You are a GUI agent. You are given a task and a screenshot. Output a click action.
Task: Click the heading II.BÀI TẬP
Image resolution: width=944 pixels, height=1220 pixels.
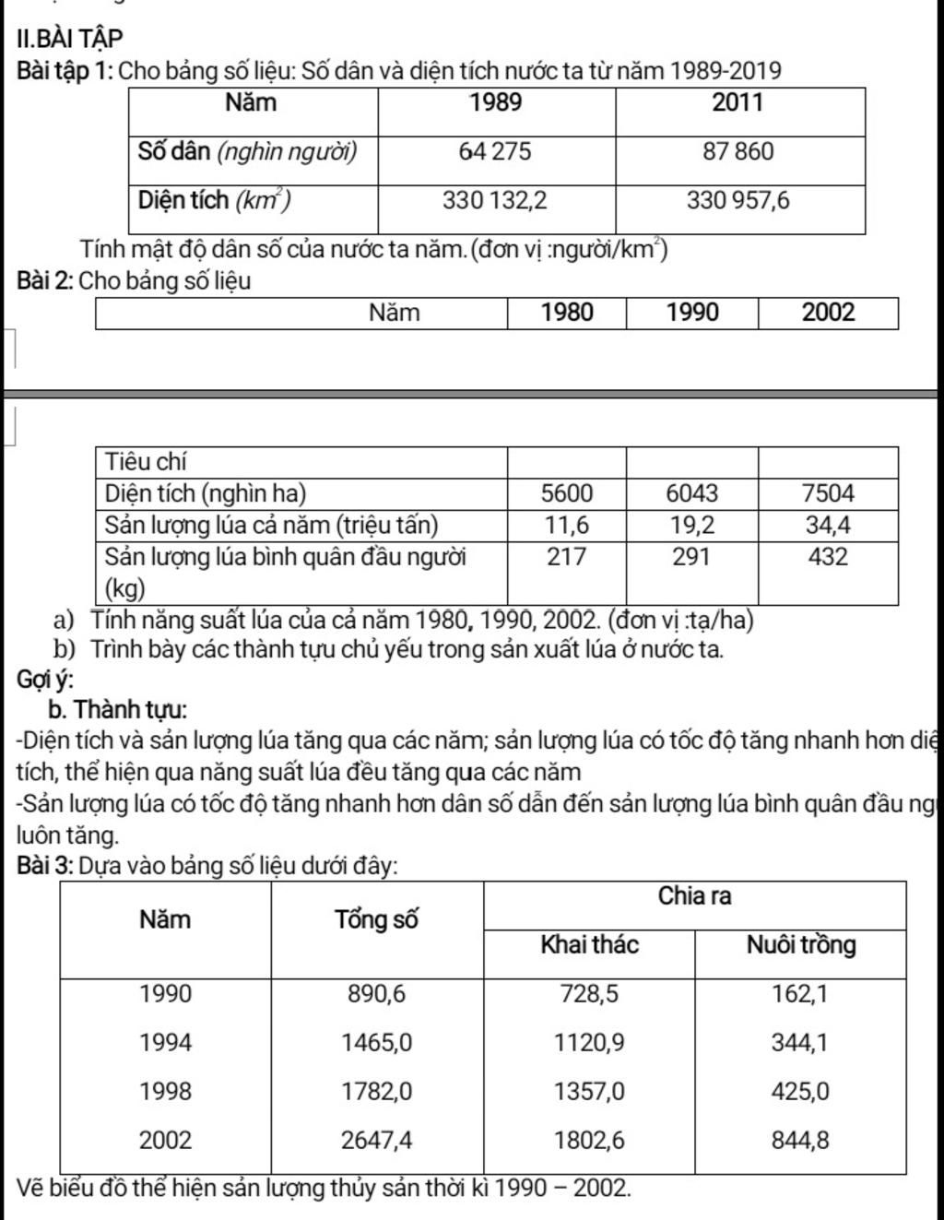click(x=69, y=39)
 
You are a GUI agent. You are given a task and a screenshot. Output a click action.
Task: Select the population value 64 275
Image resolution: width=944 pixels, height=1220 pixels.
click(x=495, y=152)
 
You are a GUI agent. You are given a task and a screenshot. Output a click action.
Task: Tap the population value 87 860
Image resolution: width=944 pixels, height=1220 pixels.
click(x=738, y=152)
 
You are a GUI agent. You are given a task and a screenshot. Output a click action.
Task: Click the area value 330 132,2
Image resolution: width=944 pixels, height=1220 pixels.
click(x=495, y=200)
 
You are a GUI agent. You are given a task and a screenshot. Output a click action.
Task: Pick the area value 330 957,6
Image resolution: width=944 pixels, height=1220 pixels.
click(x=738, y=200)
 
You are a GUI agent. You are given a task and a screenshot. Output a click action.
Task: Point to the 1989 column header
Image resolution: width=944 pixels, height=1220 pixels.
click(x=496, y=102)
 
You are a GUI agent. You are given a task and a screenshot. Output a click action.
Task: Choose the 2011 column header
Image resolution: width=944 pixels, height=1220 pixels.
click(x=738, y=102)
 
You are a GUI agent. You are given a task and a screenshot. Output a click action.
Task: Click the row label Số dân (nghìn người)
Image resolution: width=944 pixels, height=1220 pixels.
click(x=247, y=152)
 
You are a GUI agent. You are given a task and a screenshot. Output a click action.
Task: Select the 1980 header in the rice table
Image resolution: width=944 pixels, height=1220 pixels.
click(x=567, y=313)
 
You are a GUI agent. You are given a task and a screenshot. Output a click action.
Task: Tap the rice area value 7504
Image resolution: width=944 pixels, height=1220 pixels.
click(x=828, y=493)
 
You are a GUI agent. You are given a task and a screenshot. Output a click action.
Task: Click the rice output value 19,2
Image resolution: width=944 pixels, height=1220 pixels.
click(x=691, y=526)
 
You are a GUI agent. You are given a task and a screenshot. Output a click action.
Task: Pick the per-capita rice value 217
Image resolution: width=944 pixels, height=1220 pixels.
click(x=567, y=557)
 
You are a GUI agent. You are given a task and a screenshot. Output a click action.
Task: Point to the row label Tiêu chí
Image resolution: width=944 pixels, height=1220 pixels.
click(x=146, y=461)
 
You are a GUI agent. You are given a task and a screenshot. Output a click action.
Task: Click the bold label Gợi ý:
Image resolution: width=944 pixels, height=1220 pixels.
click(x=45, y=680)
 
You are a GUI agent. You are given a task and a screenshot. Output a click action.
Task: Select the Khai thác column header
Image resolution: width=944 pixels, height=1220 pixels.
click(x=589, y=945)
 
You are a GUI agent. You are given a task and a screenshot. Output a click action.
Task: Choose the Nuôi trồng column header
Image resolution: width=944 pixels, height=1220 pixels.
click(x=800, y=945)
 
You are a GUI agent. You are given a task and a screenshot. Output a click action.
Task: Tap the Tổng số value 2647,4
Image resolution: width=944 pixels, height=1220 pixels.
click(x=377, y=1141)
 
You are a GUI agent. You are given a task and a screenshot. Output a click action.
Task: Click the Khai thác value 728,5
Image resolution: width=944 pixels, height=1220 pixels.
click(x=589, y=994)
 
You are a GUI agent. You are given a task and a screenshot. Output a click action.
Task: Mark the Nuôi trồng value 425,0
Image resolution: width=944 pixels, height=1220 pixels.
click(x=800, y=1092)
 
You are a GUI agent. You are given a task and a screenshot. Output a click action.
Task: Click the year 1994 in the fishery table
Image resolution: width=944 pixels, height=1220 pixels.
click(x=166, y=1043)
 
